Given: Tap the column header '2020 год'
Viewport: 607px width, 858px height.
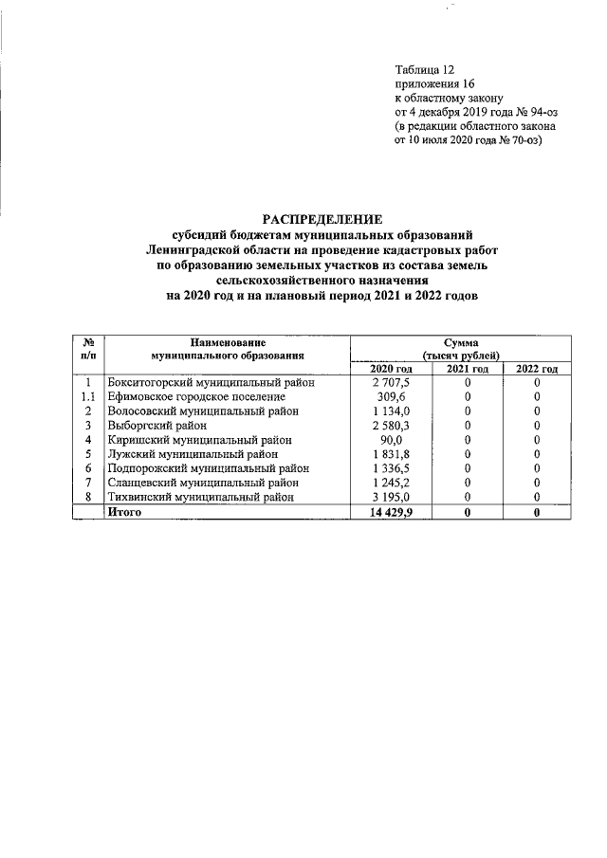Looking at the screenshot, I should pos(391,369).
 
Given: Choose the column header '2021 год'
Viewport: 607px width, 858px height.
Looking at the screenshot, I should pos(468,369).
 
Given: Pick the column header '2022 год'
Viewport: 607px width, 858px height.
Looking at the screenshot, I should pos(537,369).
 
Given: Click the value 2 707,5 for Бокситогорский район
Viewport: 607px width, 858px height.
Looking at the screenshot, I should pos(391,383).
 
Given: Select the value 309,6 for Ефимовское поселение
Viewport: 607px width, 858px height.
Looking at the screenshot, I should pos(391,397).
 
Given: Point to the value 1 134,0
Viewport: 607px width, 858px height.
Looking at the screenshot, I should pos(391,411).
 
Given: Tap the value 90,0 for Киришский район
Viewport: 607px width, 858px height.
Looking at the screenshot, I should pos(391,440).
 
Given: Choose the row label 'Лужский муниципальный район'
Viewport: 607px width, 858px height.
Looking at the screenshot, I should pos(194,454).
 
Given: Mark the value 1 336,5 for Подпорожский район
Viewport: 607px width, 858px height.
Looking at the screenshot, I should pos(391,468).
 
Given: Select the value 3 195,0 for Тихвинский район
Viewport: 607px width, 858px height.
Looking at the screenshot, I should pos(391,497).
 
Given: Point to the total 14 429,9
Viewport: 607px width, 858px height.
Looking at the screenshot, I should pos(391,512).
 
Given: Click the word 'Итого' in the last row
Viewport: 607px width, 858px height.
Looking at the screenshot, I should pos(126,512).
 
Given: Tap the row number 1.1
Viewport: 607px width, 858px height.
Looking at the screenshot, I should pos(87,397).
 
